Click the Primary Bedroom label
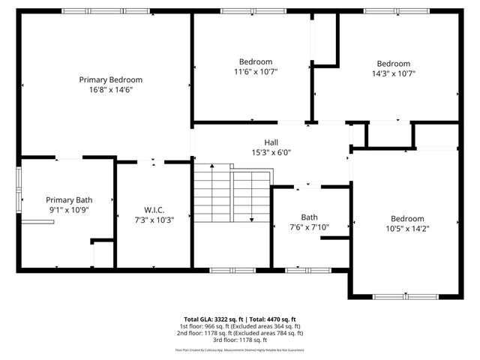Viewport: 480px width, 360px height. tap(110, 79)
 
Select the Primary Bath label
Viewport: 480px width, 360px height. tap(69, 199)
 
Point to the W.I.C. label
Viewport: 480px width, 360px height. tap(154, 209)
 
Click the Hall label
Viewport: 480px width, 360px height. tap(271, 142)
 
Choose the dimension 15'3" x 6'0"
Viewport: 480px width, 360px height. tap(271, 152)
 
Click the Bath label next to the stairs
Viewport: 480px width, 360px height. tap(309, 217)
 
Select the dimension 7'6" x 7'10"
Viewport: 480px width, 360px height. tap(309, 227)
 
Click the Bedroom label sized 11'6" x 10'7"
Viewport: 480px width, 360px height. tap(256, 61)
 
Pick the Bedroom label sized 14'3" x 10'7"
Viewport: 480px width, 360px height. tap(393, 64)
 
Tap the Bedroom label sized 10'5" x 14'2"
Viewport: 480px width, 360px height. tap(407, 218)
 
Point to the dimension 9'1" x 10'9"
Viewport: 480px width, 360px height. tap(69, 210)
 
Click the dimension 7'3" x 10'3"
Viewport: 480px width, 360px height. tap(154, 220)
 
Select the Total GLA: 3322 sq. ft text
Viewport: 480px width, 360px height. tap(211, 319)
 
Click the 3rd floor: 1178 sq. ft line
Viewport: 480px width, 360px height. tap(240, 340)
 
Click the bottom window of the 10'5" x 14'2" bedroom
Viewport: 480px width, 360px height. tap(405, 297)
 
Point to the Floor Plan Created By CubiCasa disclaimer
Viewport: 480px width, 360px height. tap(240, 349)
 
